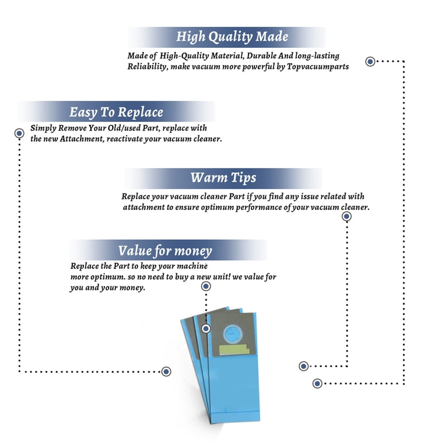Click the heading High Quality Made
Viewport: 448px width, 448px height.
point(232,37)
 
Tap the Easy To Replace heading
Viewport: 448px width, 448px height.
point(116,112)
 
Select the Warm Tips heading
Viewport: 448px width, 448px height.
point(223,178)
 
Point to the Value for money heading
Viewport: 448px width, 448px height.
point(165,251)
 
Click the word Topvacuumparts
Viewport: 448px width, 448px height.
point(318,67)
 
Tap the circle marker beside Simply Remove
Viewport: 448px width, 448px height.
point(19,133)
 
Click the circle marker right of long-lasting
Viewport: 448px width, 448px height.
point(370,61)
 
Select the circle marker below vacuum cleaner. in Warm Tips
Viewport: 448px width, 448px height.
point(346,216)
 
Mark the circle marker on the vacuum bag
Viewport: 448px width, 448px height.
point(206,328)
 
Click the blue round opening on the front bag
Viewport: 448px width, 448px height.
point(233,334)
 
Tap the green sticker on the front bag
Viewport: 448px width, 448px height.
point(234,350)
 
